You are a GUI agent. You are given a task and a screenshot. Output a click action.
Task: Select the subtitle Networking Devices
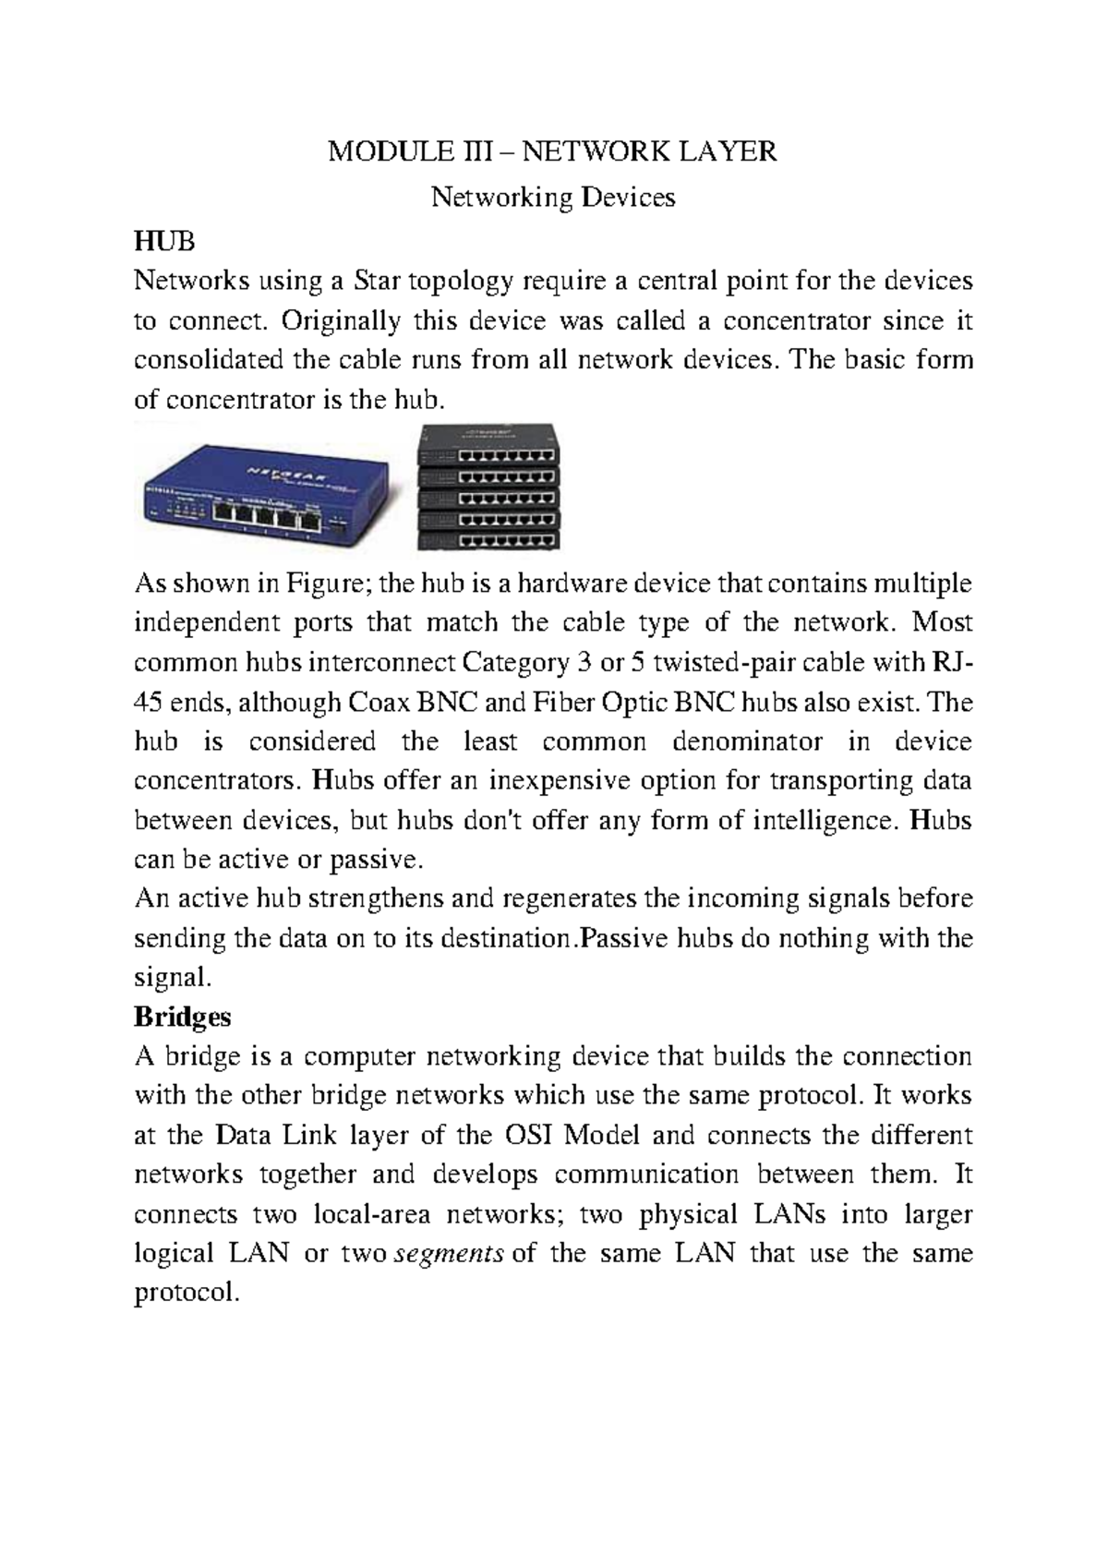(x=554, y=197)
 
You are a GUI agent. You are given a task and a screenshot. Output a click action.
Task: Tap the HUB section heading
(x=165, y=242)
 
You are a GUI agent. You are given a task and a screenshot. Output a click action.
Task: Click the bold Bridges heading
(x=182, y=1017)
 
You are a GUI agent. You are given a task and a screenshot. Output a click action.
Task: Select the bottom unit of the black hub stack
(x=488, y=541)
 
